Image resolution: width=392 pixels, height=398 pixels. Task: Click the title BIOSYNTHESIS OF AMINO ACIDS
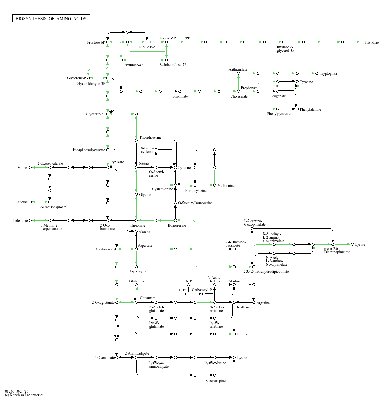(x=51, y=19)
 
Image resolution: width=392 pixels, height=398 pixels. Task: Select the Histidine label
(x=372, y=42)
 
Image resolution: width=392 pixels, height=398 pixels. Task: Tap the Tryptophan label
(x=328, y=73)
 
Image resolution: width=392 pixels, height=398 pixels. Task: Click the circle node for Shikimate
(x=180, y=91)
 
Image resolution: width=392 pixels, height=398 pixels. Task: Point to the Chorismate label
(x=239, y=96)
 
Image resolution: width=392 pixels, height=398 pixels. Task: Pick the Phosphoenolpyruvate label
(x=89, y=150)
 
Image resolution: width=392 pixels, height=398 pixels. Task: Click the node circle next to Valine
(x=30, y=168)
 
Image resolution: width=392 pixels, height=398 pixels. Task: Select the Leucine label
(x=22, y=202)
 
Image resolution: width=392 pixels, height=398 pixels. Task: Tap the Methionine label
(x=226, y=186)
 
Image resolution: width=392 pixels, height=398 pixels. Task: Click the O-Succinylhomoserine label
(x=195, y=203)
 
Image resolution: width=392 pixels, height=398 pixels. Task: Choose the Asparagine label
(x=137, y=271)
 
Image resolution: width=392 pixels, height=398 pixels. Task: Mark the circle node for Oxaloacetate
(x=117, y=249)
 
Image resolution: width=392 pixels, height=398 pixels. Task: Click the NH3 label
(x=189, y=281)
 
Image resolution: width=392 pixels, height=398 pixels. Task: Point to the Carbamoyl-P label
(x=202, y=290)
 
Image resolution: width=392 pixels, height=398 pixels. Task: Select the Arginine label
(x=263, y=303)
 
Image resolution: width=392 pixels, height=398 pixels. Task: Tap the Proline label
(x=242, y=334)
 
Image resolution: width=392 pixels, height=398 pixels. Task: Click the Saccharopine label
(x=215, y=381)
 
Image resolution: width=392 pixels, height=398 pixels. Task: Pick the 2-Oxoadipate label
(x=104, y=358)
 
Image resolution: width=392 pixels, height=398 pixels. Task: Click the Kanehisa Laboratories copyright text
(x=24, y=395)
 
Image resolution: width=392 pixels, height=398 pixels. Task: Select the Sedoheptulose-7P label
(x=173, y=65)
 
